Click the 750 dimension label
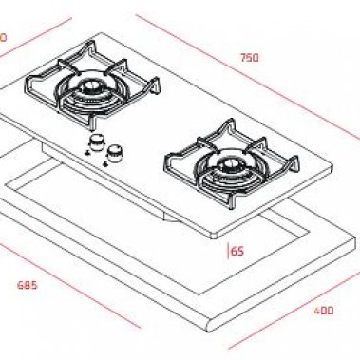pyautogui.click(x=249, y=57)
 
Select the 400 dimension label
pyautogui.click(x=325, y=310)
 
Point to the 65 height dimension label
pyautogui.click(x=237, y=252)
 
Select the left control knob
pyautogui.click(x=96, y=143)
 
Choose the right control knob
pyautogui.click(x=116, y=151)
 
